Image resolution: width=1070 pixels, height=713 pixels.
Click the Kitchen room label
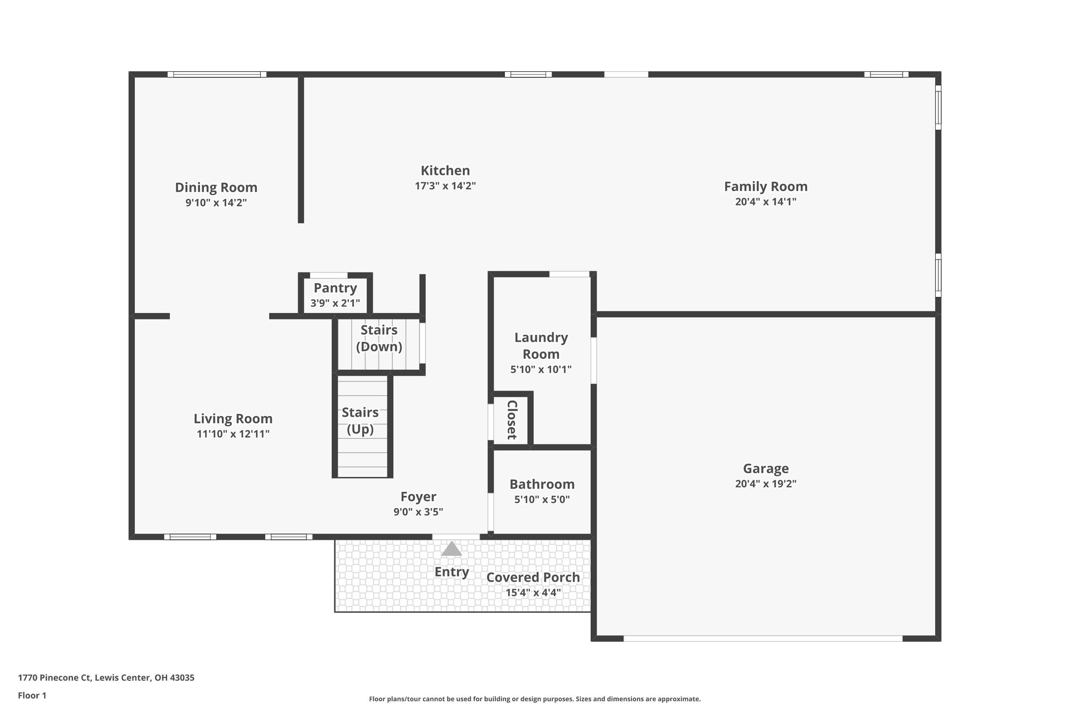click(445, 170)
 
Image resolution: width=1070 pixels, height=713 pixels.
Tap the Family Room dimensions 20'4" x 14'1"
click(765, 202)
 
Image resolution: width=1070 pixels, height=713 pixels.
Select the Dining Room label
click(216, 187)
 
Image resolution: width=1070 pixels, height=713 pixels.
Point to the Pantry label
click(335, 288)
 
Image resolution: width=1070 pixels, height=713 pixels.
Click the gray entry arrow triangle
click(451, 549)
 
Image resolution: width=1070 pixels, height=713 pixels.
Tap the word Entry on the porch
click(451, 572)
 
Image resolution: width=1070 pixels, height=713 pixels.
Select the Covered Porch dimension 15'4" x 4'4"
click(533, 593)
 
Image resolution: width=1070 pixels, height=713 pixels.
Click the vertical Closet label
click(512, 419)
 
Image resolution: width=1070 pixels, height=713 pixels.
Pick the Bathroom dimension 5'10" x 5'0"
click(542, 500)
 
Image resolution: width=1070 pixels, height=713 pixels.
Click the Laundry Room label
click(541, 345)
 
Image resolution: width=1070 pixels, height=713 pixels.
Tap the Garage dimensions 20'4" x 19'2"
click(765, 484)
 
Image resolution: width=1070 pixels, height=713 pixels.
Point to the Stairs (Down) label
click(379, 338)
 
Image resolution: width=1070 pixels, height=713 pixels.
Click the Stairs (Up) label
click(360, 421)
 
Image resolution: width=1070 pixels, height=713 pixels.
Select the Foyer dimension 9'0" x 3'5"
click(418, 512)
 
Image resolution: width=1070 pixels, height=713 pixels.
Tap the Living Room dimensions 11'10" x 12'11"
click(233, 434)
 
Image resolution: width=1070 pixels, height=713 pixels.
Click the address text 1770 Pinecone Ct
click(106, 678)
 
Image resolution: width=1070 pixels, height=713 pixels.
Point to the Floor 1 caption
click(32, 695)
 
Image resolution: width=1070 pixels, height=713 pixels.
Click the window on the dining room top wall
click(217, 74)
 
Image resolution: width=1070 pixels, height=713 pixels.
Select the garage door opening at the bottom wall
click(762, 638)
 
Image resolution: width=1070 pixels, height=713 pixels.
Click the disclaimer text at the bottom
click(534, 699)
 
